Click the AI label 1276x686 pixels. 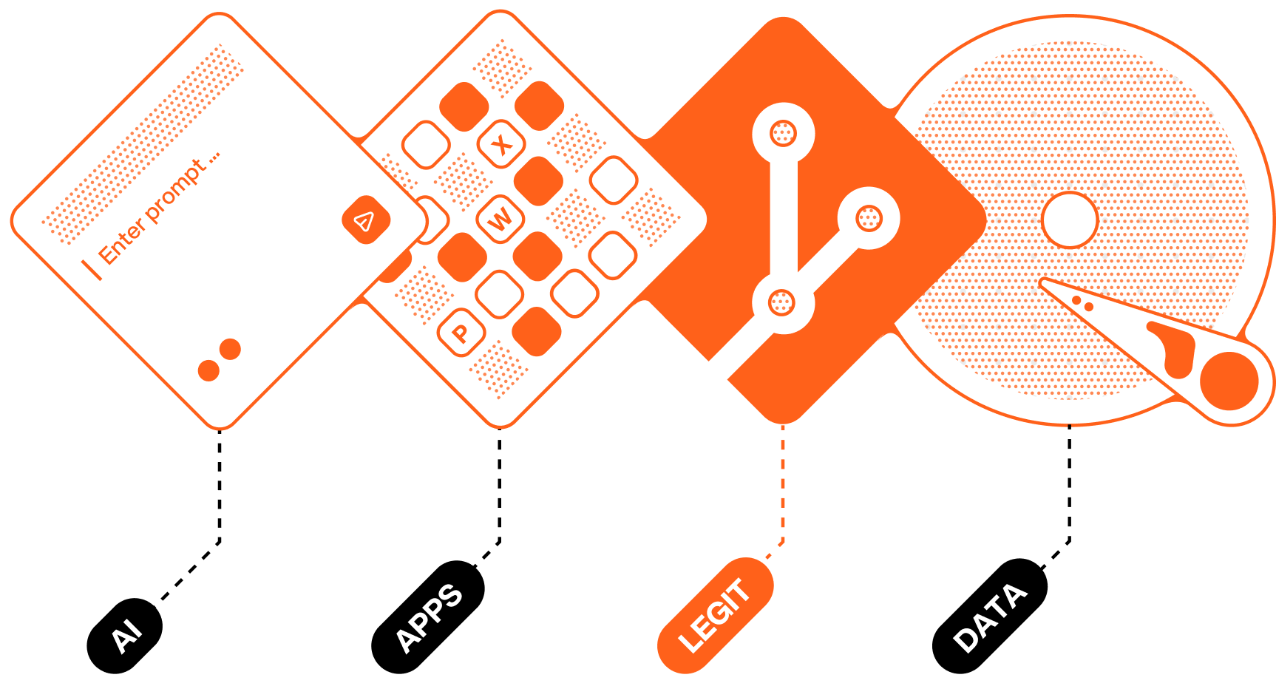pos(126,636)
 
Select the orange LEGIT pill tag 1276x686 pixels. pos(715,616)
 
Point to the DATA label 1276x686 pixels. pos(990,618)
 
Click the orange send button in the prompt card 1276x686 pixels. pos(366,220)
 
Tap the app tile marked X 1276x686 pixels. pos(502,144)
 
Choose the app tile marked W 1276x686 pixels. pos(500,219)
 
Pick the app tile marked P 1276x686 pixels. pos(461,333)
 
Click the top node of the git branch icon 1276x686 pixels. pos(783,134)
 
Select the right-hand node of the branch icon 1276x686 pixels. pos(869,218)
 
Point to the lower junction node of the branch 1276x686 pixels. pos(782,302)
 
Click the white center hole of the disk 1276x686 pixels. pos(1069,220)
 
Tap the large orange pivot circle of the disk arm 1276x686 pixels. pos(1229,381)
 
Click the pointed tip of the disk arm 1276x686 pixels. pos(1044,282)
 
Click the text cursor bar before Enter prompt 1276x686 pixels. pos(92,269)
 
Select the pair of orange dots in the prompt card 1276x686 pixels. pos(220,360)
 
